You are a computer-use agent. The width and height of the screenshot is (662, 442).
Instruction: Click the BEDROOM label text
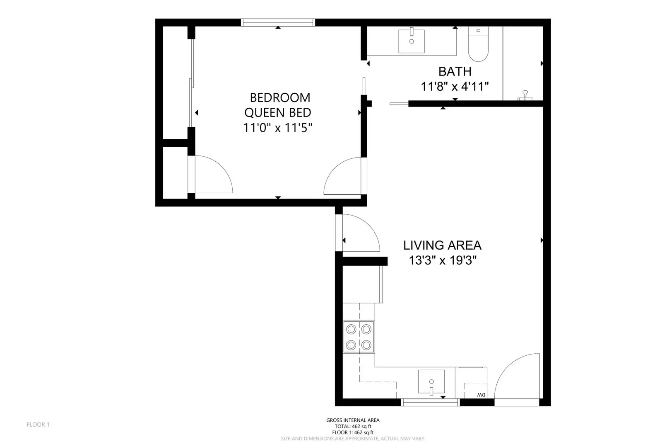coord(280,98)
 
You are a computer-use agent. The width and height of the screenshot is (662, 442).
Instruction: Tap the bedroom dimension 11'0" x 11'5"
coord(277,128)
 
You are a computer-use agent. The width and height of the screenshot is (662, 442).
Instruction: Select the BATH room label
coord(455,72)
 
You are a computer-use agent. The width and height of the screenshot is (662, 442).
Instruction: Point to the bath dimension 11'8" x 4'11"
coord(455,87)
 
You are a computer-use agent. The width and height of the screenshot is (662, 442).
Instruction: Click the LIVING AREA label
coord(442,245)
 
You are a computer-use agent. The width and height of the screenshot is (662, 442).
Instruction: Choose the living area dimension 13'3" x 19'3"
coord(443,261)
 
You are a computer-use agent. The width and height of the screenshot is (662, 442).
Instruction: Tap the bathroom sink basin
coord(411,41)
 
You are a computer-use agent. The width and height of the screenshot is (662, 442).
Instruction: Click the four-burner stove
coord(359,337)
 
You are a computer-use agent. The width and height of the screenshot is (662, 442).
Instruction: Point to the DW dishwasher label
coord(481,395)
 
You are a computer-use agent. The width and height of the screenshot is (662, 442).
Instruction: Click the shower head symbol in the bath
coord(525,95)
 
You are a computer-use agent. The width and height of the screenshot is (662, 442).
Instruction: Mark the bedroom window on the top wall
coord(278,22)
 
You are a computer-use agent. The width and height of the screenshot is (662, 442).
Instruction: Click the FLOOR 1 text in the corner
coord(38,425)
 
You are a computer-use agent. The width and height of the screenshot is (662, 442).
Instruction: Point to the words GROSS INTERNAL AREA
coord(353,420)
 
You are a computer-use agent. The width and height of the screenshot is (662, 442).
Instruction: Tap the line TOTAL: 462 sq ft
coord(353,426)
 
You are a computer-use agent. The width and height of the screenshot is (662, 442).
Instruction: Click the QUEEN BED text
coord(277,113)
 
